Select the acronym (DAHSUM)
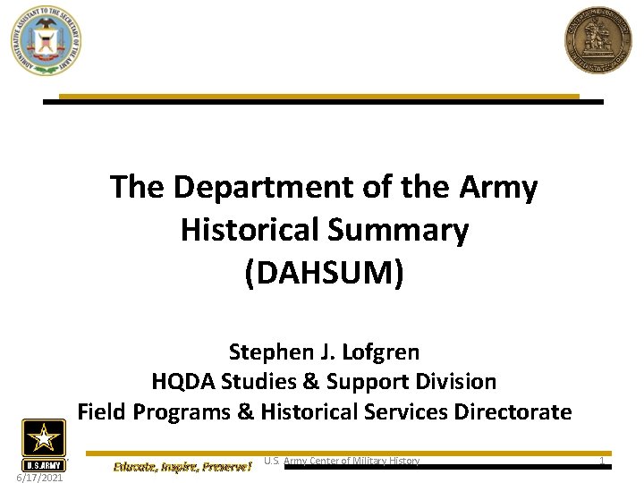click(x=324, y=273)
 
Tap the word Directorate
click(x=513, y=411)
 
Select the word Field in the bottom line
click(x=101, y=411)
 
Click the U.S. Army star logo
click(x=43, y=444)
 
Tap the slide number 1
click(x=602, y=461)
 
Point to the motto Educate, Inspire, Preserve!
click(x=182, y=466)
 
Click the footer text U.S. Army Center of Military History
click(x=342, y=461)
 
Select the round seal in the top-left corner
click(x=46, y=39)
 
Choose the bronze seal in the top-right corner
click(x=597, y=41)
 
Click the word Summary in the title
click(x=412, y=231)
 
